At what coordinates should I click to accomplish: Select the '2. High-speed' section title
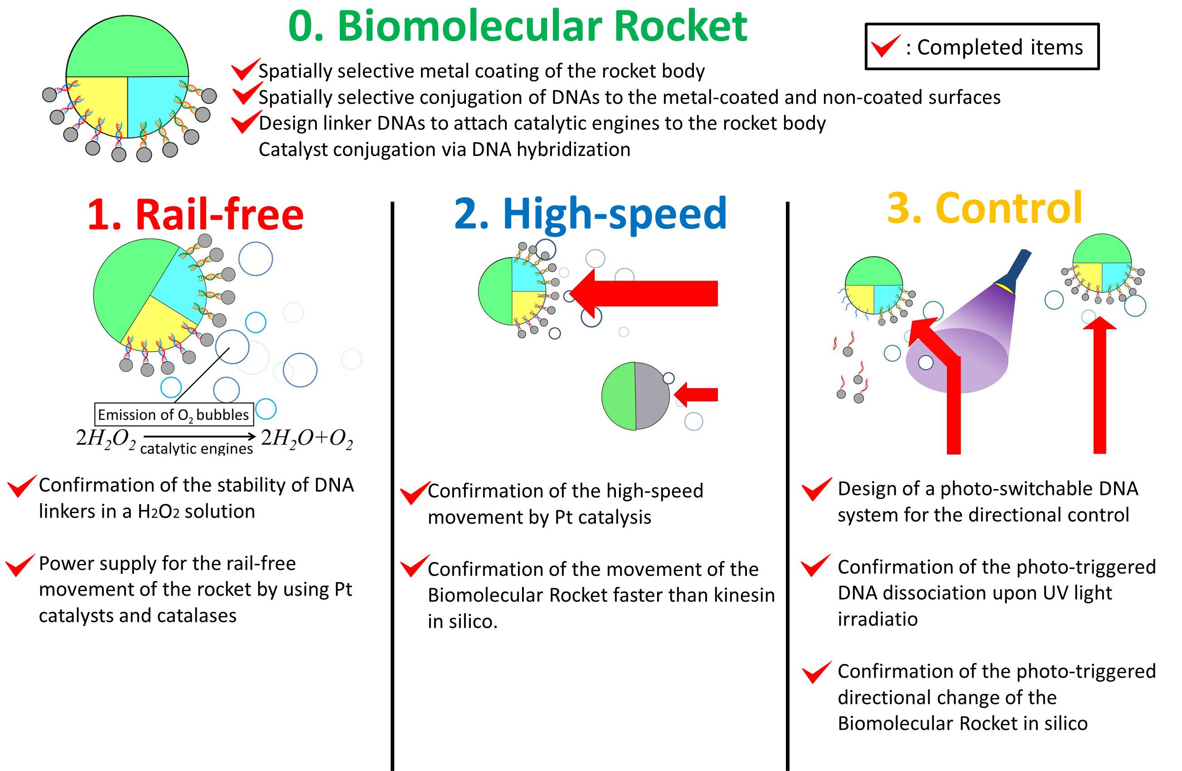pos(590,213)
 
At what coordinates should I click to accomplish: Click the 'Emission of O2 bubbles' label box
pos(174,414)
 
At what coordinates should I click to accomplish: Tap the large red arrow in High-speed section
pos(650,293)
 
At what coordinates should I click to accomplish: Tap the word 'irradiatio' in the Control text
pos(877,619)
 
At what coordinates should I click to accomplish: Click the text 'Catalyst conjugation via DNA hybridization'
pos(445,150)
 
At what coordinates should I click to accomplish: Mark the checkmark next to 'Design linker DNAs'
pos(245,122)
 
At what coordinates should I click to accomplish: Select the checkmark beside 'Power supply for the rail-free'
pos(20,565)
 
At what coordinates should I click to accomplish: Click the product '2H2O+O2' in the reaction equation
pos(307,438)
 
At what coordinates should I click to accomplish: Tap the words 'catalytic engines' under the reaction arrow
pos(196,449)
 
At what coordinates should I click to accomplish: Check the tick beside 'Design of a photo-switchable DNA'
pos(816,490)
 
